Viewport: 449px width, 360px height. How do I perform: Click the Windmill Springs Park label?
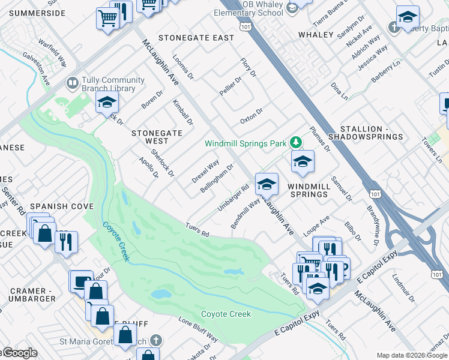(x=245, y=144)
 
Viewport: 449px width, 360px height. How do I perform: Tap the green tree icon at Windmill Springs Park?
(x=295, y=142)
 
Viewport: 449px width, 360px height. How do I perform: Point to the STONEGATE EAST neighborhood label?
(x=196, y=38)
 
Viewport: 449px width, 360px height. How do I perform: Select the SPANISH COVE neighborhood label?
(x=62, y=206)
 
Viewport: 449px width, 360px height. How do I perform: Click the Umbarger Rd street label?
(x=233, y=197)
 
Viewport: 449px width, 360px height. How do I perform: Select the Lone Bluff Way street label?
(x=198, y=329)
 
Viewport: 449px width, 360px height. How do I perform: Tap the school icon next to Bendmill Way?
(x=267, y=184)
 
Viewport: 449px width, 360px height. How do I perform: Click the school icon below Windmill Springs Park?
(x=303, y=161)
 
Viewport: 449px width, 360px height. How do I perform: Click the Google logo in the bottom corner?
(x=19, y=353)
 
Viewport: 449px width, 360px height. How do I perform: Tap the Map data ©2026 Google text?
(x=411, y=355)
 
